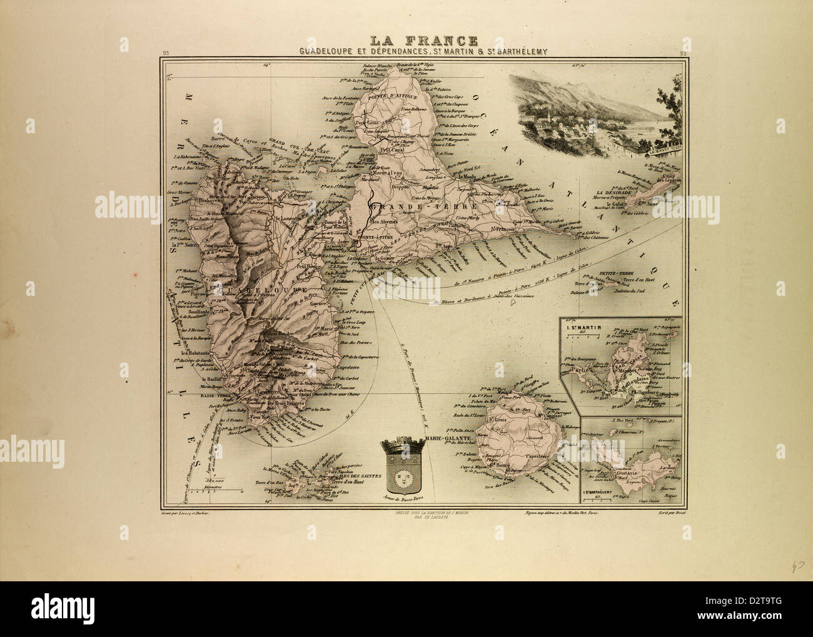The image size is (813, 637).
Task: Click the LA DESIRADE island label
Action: (615, 192)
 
